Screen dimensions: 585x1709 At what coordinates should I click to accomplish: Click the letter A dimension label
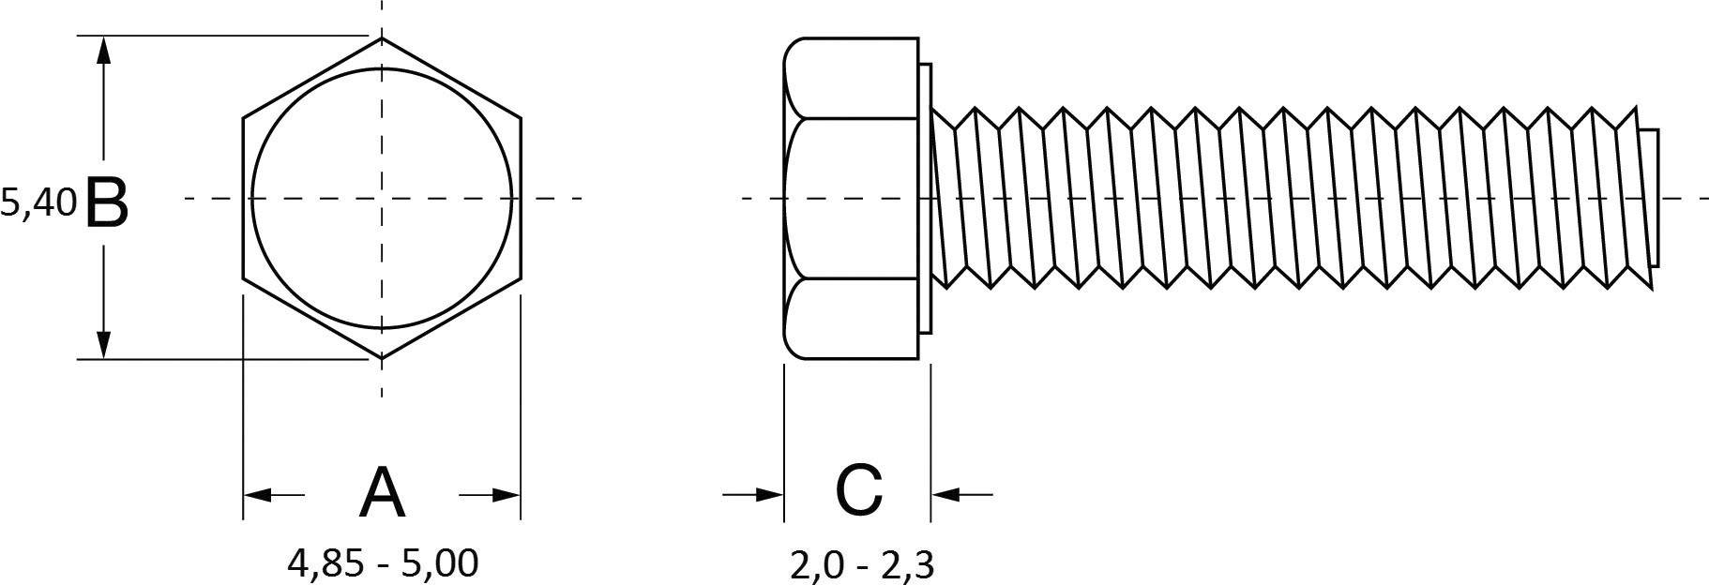382,493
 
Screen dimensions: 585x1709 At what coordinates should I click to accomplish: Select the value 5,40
38,202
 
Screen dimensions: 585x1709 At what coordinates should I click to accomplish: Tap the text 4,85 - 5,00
383,562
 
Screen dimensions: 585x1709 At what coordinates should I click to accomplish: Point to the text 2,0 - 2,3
861,565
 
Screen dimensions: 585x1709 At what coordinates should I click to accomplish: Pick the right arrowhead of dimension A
507,494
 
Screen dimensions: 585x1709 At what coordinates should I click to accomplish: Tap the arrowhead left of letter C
770,493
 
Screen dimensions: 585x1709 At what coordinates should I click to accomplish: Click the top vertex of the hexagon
382,38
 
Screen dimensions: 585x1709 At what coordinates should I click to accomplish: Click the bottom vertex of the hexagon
382,358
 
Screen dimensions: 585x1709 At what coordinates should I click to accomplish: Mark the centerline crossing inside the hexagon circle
382,198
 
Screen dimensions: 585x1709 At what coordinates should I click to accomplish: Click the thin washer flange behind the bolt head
925,198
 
